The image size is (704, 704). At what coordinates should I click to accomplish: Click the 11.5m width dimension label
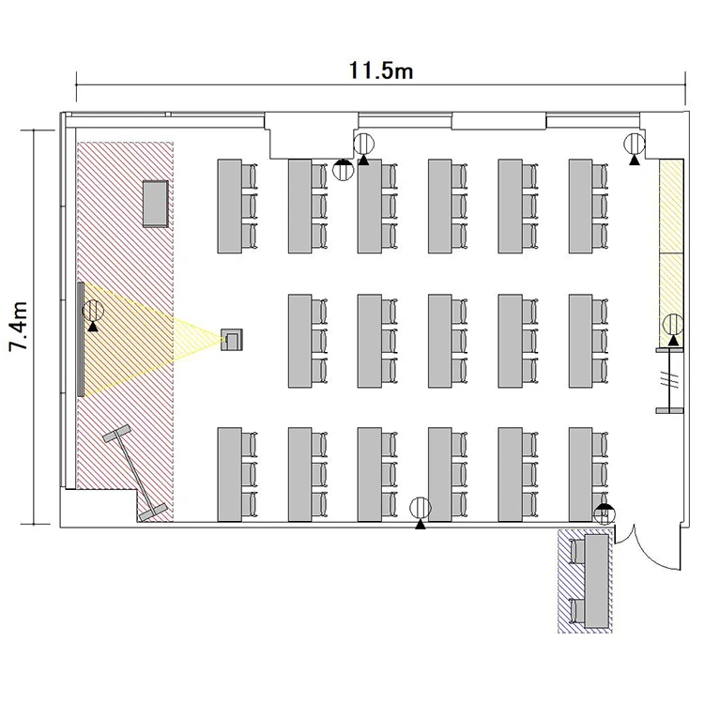pyautogui.click(x=381, y=70)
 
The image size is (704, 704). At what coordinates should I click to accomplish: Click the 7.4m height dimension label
pyautogui.click(x=19, y=326)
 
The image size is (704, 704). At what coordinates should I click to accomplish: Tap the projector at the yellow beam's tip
pyautogui.click(x=232, y=340)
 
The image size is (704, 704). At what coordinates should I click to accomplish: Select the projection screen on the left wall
pyautogui.click(x=81, y=340)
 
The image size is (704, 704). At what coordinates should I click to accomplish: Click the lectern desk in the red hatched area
pyautogui.click(x=156, y=204)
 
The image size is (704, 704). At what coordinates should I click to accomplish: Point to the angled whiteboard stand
pyautogui.click(x=135, y=473)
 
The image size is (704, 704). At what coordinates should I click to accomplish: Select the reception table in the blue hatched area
pyautogui.click(x=596, y=581)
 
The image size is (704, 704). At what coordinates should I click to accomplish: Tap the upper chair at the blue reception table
pyautogui.click(x=577, y=551)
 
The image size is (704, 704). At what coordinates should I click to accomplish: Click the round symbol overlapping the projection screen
pyautogui.click(x=93, y=310)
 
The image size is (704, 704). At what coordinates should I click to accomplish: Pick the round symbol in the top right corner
pyautogui.click(x=634, y=145)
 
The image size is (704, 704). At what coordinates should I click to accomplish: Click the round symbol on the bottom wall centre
pyautogui.click(x=421, y=508)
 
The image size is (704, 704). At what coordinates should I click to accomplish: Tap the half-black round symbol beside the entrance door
pyautogui.click(x=604, y=514)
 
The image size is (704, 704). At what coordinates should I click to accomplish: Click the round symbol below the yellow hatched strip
pyautogui.click(x=673, y=325)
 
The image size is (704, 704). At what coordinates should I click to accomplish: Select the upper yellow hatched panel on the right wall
pyautogui.click(x=671, y=207)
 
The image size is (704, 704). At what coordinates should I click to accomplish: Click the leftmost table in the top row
pyautogui.click(x=229, y=207)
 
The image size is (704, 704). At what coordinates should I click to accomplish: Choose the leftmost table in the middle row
pyautogui.click(x=300, y=342)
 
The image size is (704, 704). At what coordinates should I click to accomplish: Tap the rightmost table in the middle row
pyautogui.click(x=580, y=342)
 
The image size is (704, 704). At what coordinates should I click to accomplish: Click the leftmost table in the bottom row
pyautogui.click(x=229, y=475)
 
